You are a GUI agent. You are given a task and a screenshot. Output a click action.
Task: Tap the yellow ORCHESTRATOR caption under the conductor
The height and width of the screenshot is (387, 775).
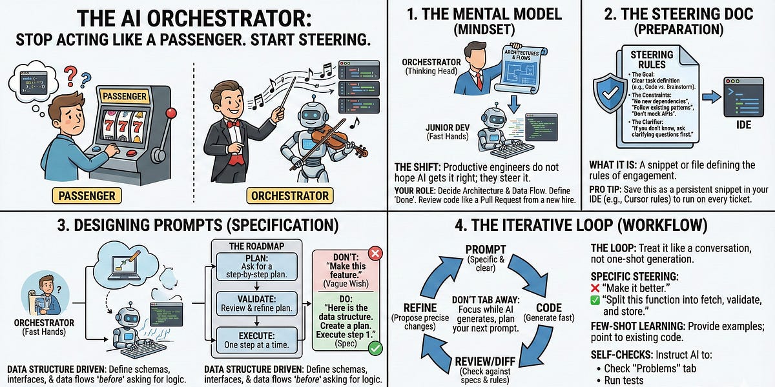click(290, 195)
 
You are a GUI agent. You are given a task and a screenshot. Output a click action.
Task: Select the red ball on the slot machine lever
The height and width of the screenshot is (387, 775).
click(171, 114)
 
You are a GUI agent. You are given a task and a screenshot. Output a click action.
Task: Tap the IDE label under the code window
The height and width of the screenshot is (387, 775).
click(743, 124)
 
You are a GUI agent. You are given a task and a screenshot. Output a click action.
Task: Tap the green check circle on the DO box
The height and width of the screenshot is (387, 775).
click(375, 348)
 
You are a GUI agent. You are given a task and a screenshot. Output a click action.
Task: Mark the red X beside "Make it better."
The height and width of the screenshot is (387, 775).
click(596, 287)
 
